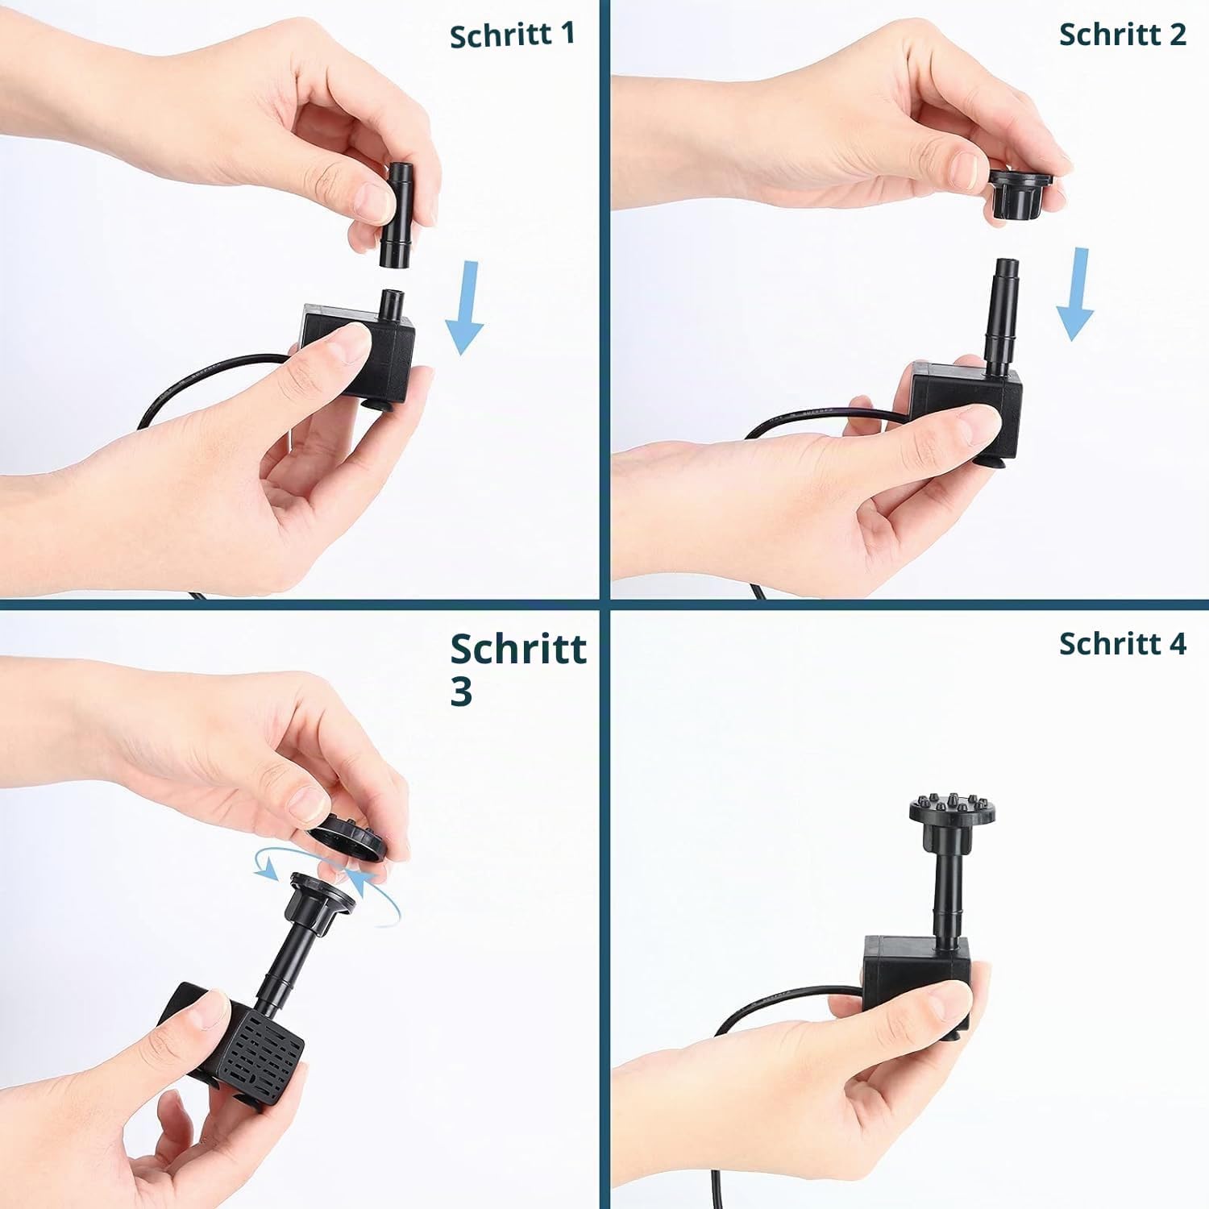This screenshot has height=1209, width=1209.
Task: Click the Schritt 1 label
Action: point(512,35)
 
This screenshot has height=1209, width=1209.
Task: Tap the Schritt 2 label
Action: point(1122,35)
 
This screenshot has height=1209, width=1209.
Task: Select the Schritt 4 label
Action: point(1122,643)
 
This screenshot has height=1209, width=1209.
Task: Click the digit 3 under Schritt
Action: point(461,691)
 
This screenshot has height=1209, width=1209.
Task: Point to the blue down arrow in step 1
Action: point(465,308)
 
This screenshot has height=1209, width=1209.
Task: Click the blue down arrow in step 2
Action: point(1075,293)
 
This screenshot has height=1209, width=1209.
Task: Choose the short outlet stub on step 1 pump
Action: point(392,308)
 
